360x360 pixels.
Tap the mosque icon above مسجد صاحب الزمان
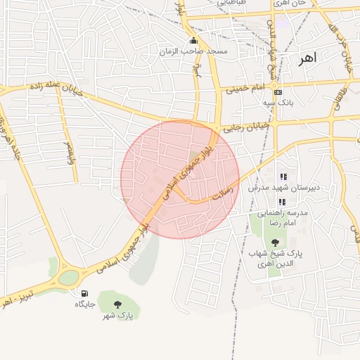[x=194, y=40]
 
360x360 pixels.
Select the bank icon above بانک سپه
[x=278, y=92]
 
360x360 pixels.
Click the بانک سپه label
[x=278, y=103]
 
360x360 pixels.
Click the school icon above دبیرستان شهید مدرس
[x=283, y=176]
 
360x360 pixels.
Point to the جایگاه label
[x=86, y=304]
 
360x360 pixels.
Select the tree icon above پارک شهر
[x=117, y=303]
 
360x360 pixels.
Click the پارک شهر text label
[x=117, y=315]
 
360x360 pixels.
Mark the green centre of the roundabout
[x=68, y=277]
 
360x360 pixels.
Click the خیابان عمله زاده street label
[x=56, y=89]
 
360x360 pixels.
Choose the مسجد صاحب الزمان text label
[x=204, y=52]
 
